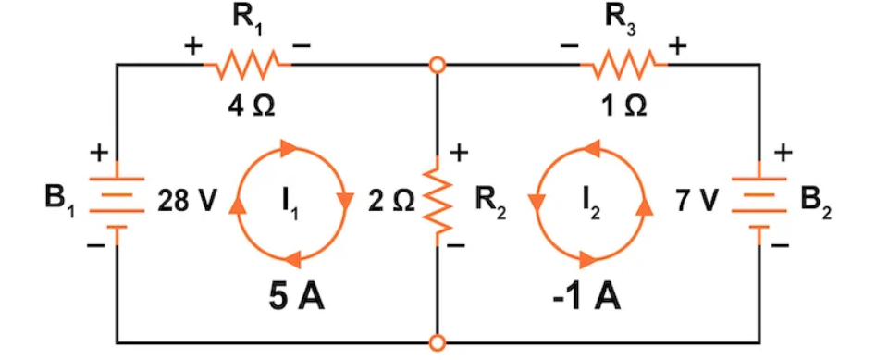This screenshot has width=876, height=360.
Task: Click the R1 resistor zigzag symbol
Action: (x=247, y=66)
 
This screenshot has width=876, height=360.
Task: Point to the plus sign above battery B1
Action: (x=97, y=151)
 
